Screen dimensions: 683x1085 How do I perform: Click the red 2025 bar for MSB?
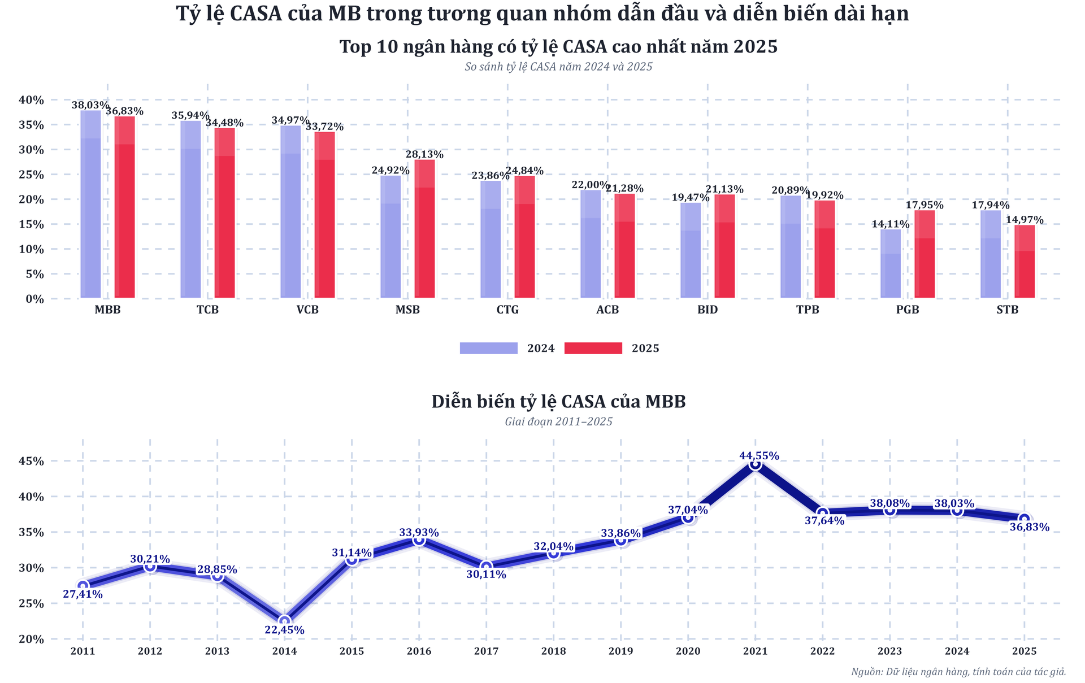tap(424, 229)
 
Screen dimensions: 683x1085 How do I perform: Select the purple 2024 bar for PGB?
tap(891, 264)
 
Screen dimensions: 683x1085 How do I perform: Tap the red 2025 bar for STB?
tap(1025, 262)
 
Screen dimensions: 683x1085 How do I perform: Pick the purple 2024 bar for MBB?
tap(90, 204)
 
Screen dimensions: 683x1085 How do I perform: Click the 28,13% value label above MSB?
tap(424, 155)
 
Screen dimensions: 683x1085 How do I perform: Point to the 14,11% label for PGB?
tap(891, 224)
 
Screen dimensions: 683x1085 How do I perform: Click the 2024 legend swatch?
tap(488, 348)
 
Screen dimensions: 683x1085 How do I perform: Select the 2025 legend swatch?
tap(593, 348)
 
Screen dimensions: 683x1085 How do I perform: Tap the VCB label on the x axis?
tap(307, 310)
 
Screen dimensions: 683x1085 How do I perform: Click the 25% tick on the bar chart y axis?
tap(31, 175)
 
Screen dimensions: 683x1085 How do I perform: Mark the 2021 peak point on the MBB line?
tap(756, 464)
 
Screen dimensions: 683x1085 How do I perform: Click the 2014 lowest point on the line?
tap(284, 621)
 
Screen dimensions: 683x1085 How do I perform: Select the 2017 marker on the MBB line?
tap(486, 567)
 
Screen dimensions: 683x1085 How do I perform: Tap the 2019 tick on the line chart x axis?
tap(620, 651)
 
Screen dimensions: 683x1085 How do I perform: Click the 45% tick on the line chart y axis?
tap(31, 461)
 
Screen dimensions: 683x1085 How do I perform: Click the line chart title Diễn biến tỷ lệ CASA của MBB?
tap(558, 402)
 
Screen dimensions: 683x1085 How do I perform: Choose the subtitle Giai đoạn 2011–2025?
tap(558, 421)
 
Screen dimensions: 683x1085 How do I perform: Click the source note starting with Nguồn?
tap(958, 672)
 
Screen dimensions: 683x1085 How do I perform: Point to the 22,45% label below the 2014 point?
tap(284, 630)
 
